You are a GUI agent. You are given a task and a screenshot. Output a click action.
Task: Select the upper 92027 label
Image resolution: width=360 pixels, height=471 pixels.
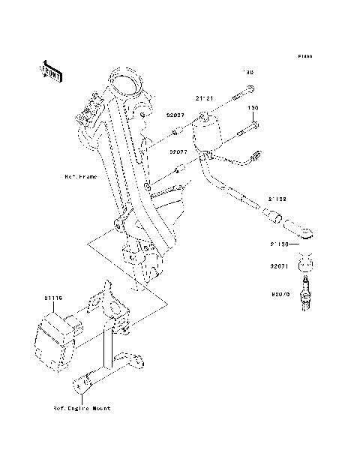coord(175,115)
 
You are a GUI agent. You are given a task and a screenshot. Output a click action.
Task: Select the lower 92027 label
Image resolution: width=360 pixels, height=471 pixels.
coord(177,151)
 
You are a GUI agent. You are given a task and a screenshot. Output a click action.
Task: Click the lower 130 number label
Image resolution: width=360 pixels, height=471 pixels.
coord(253,108)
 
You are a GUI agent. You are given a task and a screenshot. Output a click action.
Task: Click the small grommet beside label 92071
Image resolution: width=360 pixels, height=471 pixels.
coord(306,264)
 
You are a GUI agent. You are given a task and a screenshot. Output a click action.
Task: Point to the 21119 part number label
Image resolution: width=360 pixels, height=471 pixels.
coord(55,298)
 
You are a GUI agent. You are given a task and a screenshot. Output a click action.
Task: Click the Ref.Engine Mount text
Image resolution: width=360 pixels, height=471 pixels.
coord(81,408)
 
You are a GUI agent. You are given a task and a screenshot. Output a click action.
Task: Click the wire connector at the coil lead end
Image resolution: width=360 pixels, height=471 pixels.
coord(256,157)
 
